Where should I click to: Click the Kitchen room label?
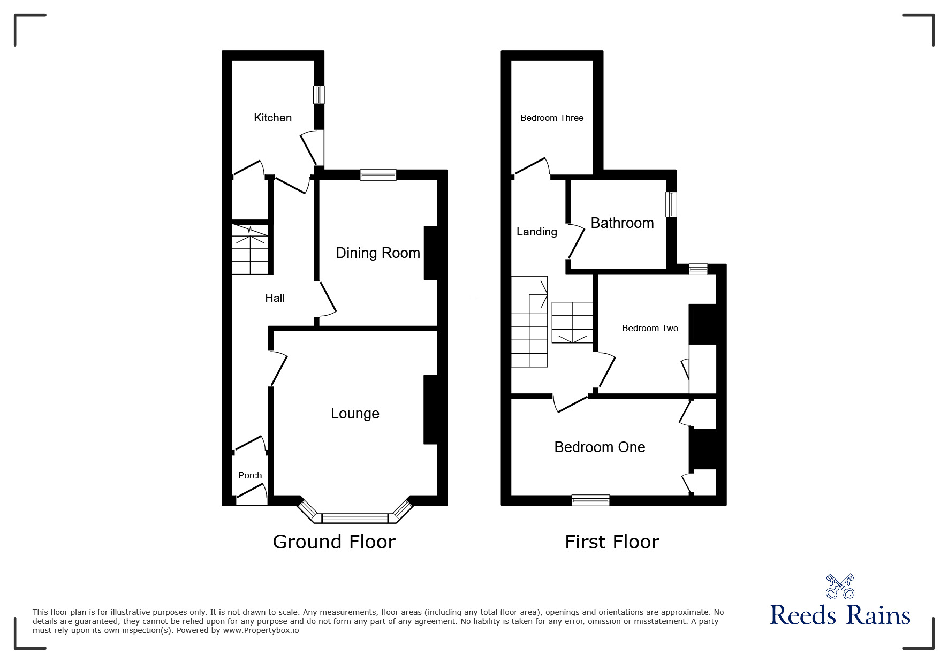(x=272, y=118)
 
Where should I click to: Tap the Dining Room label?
(x=378, y=253)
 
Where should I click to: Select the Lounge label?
(x=355, y=414)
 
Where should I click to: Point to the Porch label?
(x=250, y=475)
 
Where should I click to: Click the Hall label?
(x=275, y=298)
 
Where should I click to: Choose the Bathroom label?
(x=622, y=223)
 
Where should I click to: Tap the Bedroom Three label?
(x=552, y=118)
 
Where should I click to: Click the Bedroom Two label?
(x=650, y=328)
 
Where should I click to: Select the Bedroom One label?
(x=600, y=447)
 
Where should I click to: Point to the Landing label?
(x=536, y=232)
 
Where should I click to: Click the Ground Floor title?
(x=334, y=542)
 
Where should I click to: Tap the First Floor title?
(x=612, y=542)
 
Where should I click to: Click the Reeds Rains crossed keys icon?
(x=840, y=586)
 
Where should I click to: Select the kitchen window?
(x=319, y=95)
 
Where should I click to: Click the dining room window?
(x=378, y=175)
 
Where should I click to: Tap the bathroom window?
(x=671, y=204)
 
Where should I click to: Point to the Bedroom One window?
(x=590, y=500)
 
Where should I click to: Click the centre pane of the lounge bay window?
(x=355, y=518)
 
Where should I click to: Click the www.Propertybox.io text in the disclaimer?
(x=261, y=630)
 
